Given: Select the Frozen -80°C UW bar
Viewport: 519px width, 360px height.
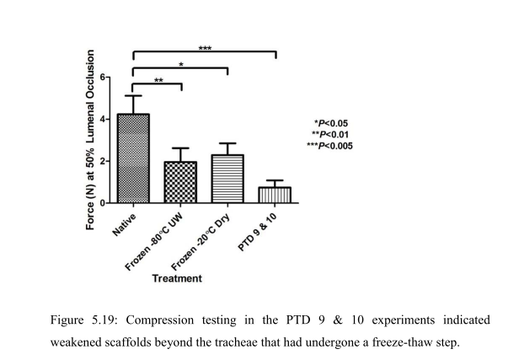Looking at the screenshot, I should (x=179, y=182).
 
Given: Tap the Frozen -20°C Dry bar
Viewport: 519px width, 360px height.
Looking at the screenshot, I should (x=227, y=179).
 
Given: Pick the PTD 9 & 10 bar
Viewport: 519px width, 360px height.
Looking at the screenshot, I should (x=275, y=195).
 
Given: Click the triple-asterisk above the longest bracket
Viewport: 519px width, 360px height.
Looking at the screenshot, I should (x=205, y=48).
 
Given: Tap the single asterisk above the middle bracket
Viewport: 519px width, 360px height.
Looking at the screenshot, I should (x=180, y=64).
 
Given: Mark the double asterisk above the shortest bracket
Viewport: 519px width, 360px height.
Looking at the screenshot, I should (x=158, y=81).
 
